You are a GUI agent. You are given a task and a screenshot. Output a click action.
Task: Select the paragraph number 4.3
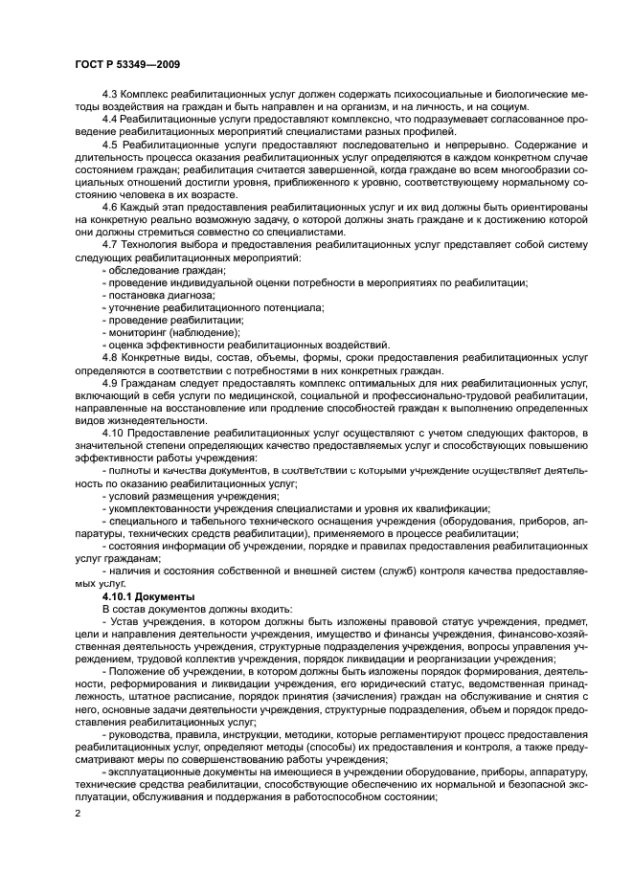tap(110, 93)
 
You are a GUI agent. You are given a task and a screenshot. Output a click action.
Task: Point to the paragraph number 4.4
tap(110, 118)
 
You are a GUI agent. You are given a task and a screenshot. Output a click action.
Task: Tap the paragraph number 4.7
tap(110, 245)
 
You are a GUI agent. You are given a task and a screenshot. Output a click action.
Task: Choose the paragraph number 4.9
tap(110, 382)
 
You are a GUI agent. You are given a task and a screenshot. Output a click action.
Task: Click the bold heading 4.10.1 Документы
tap(148, 594)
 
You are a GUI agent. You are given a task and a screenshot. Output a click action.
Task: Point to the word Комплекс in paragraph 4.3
tap(153, 93)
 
